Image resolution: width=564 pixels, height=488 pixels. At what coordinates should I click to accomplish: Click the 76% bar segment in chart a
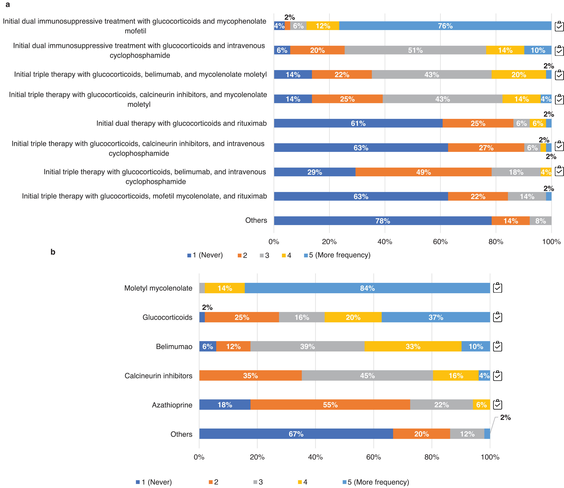tap(445, 26)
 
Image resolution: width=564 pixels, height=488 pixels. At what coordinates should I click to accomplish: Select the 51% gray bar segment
tap(415, 50)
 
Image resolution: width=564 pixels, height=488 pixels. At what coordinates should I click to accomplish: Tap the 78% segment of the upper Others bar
tap(382, 221)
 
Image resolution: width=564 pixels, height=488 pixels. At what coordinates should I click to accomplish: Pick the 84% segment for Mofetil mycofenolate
tap(367, 288)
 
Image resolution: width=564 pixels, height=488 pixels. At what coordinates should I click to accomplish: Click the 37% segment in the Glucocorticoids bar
tap(435, 317)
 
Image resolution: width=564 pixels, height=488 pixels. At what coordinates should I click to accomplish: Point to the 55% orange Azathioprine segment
tap(330, 405)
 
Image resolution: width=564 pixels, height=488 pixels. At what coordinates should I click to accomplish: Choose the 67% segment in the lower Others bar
tap(296, 434)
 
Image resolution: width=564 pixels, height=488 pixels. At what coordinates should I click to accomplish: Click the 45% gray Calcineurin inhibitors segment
tap(367, 376)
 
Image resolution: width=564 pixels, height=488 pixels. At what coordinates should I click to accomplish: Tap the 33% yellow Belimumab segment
tap(413, 346)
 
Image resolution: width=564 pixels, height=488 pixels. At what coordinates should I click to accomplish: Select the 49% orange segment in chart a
tap(423, 172)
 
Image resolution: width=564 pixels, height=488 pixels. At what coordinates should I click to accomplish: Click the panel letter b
tap(53, 252)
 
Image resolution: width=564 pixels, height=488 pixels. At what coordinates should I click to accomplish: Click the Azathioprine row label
tap(172, 405)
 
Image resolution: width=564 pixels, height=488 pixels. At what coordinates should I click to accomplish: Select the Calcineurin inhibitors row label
tap(158, 376)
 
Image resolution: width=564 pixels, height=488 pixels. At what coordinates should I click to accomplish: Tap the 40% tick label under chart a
tap(385, 242)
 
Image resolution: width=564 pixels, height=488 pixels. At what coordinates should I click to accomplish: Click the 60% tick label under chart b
tap(373, 457)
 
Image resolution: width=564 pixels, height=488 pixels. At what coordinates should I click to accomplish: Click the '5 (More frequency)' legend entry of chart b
tap(376, 482)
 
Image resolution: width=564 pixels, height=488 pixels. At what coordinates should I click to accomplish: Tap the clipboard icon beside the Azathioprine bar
tap(498, 404)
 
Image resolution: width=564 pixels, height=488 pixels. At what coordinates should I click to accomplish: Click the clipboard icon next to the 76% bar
tap(559, 26)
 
